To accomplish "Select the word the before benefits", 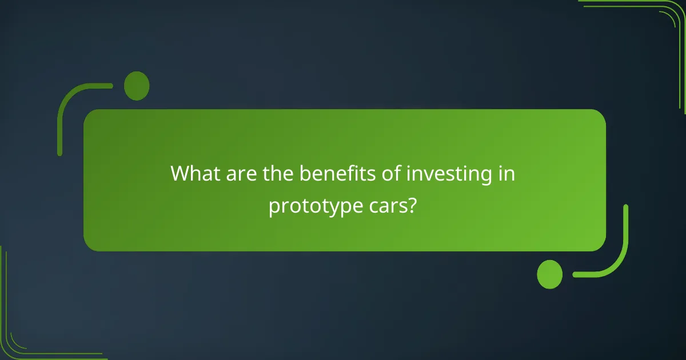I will click(x=278, y=174).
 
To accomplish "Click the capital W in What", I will click(x=181, y=174).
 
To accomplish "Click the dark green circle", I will click(x=137, y=86).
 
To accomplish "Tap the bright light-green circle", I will click(x=549, y=274).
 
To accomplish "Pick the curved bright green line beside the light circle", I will click(x=620, y=251).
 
